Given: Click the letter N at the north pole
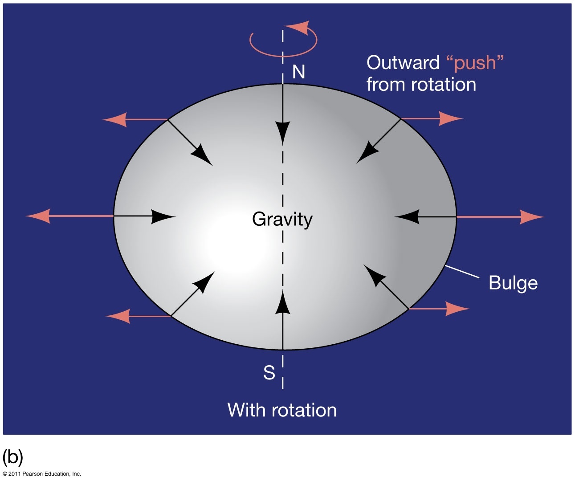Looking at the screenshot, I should click(x=299, y=72).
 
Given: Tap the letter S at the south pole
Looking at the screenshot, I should click(x=269, y=373).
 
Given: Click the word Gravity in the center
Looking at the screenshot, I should click(x=282, y=219).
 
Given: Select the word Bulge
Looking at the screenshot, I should click(x=513, y=283).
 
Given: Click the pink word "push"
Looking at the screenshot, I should click(x=475, y=63).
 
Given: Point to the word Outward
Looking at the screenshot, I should click(x=403, y=63).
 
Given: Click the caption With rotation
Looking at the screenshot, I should click(x=282, y=410).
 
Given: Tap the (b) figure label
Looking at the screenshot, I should click(x=12, y=457).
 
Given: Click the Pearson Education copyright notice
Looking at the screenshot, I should click(x=42, y=474).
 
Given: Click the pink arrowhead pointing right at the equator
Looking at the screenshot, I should click(x=531, y=217).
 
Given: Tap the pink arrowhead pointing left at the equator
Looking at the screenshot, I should click(x=38, y=216).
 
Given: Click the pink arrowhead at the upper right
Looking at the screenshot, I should click(x=451, y=119).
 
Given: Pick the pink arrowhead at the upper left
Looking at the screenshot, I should click(x=115, y=120).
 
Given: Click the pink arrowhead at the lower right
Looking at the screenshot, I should click(x=457, y=308).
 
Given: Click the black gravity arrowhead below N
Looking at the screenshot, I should click(x=282, y=132).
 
